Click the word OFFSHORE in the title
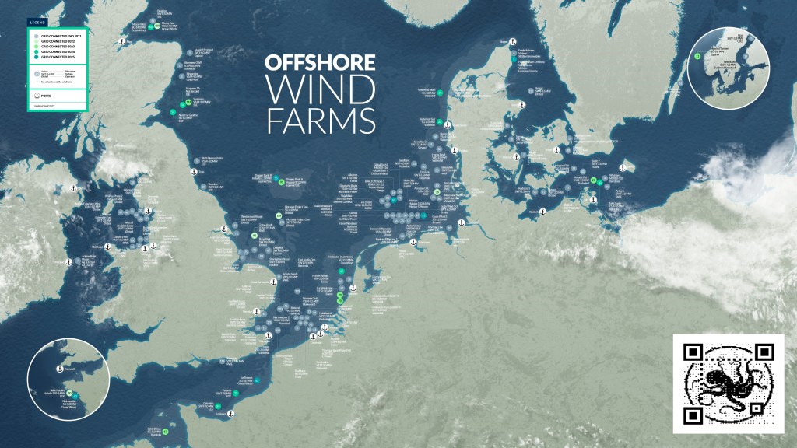(320, 63)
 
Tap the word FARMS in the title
(320, 121)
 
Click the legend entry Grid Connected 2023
(34, 47)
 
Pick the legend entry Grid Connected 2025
(34, 57)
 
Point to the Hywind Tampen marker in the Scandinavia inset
(698, 56)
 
